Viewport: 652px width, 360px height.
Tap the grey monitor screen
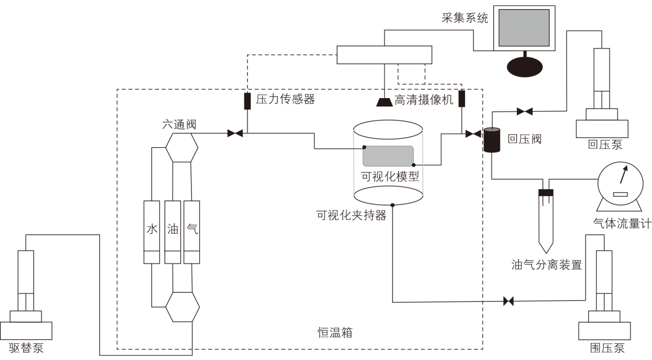pyautogui.click(x=524, y=28)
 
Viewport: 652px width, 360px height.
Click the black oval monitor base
pyautogui.click(x=524, y=65)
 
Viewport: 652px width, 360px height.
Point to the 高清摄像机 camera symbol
pyautogui.click(x=385, y=102)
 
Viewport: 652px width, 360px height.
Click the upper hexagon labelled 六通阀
pyautogui.click(x=182, y=147)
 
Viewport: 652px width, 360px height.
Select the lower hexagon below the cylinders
pyautogui.click(x=182, y=307)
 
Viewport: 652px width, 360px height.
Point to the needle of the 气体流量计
pyautogui.click(x=624, y=176)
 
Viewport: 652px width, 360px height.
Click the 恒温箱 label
pyautogui.click(x=335, y=332)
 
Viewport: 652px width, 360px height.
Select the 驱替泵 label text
pyautogui.click(x=26, y=348)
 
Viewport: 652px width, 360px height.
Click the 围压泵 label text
pyautogui.click(x=607, y=349)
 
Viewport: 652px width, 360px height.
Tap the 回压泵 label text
pyautogui.click(x=605, y=145)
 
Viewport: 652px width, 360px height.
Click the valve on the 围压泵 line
pyautogui.click(x=508, y=301)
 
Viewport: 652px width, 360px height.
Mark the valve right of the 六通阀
pyautogui.click(x=235, y=134)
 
